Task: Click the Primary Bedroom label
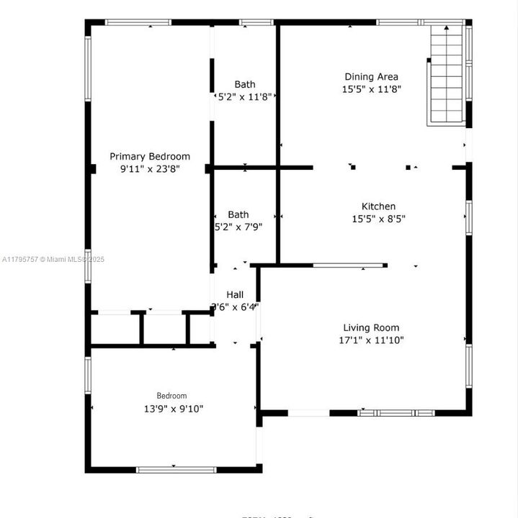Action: (150, 156)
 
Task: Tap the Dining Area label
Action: (371, 77)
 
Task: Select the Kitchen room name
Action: (378, 206)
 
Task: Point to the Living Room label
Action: (370, 327)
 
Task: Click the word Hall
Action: (235, 294)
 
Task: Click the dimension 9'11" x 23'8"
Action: (150, 169)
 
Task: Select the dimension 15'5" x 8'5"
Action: (378, 219)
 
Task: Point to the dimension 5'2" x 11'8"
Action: (245, 96)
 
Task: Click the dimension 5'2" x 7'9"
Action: (238, 227)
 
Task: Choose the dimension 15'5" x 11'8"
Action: (371, 89)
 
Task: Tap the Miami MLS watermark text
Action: (54, 259)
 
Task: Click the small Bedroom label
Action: (172, 396)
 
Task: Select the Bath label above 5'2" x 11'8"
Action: (245, 84)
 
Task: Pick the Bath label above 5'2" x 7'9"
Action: (238, 214)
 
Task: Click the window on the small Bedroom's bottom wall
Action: (176, 470)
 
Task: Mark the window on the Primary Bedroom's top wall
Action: (139, 22)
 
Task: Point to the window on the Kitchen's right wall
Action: (468, 217)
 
